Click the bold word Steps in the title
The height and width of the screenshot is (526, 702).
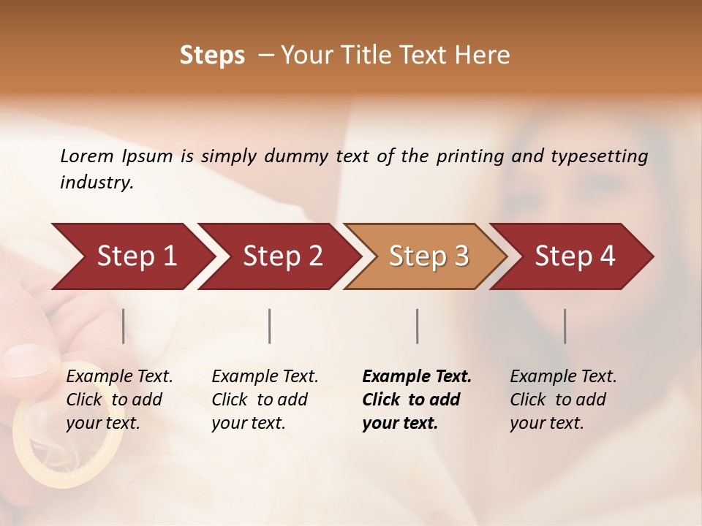coord(212,56)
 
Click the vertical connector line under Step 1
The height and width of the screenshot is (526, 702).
coord(124,326)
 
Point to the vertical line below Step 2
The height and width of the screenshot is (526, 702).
coord(270,326)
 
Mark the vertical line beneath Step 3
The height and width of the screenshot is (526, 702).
coord(417,326)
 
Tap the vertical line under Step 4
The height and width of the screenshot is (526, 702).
coord(565,326)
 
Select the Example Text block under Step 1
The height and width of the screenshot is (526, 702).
coord(119,400)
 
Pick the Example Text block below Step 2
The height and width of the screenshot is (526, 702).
coord(265,400)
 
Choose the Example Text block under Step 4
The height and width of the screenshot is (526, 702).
coord(563,400)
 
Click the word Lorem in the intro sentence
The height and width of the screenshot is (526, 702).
coord(87,156)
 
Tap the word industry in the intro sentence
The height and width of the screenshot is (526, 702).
coord(97,182)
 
